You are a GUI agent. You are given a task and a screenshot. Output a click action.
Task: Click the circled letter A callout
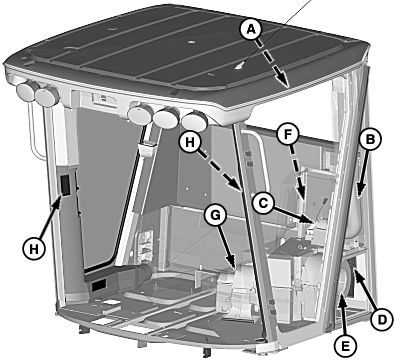251,30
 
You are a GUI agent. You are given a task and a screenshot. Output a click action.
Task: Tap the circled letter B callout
370,139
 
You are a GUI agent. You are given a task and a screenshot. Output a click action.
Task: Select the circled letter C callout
263,203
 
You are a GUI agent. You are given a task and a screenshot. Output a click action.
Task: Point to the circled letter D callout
382,320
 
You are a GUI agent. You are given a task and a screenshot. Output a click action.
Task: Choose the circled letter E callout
345,346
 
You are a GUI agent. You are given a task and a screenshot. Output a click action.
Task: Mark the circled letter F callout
288,134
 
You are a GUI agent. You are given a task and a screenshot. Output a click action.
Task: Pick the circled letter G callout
215,216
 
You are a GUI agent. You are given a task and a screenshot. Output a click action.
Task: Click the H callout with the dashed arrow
190,142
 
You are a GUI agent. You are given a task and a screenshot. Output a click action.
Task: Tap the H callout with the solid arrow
34,249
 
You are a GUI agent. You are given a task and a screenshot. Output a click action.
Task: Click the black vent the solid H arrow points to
65,185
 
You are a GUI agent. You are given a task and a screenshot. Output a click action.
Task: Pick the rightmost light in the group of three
195,121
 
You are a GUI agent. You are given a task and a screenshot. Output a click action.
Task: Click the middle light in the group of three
167,117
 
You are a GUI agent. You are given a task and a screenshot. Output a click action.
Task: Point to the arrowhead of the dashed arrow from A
282,80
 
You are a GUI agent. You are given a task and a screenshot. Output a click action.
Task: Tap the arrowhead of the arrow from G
232,264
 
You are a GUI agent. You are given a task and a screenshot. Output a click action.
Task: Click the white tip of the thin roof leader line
239,66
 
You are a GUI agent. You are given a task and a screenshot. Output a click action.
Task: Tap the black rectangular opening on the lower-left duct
99,285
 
